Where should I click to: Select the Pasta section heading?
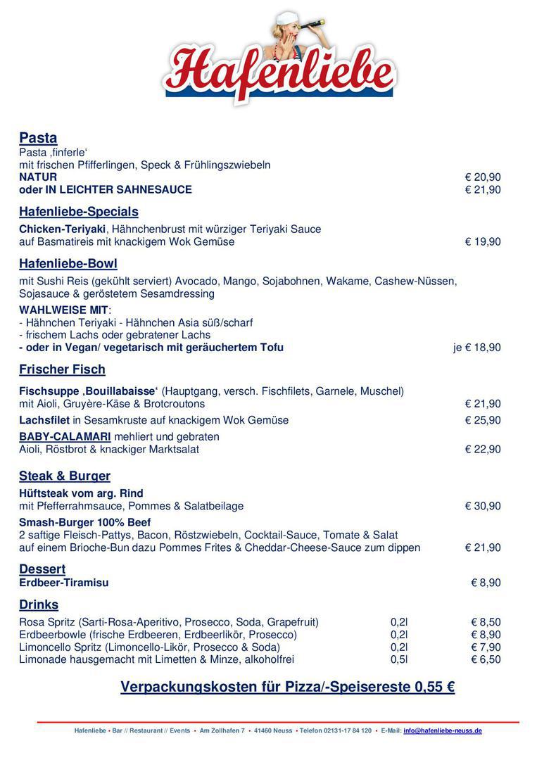[38, 138]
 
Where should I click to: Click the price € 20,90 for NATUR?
[483, 177]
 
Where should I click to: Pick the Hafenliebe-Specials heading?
[79, 212]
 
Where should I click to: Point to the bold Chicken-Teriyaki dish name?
[63, 229]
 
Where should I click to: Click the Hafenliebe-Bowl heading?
[68, 264]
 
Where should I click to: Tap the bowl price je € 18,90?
[477, 348]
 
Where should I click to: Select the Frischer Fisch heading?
[62, 369]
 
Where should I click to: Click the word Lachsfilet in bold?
[44, 420]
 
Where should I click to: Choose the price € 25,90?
[483, 420]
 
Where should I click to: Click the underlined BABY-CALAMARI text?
[65, 437]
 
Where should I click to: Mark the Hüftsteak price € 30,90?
[483, 506]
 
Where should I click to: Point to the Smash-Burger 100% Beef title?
[85, 523]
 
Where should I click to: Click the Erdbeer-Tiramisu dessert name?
[64, 583]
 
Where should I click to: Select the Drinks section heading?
[39, 604]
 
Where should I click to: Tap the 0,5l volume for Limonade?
[399, 659]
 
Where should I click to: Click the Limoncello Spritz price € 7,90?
[486, 647]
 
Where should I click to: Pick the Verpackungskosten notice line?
[287, 687]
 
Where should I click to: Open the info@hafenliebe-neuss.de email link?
[443, 731]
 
